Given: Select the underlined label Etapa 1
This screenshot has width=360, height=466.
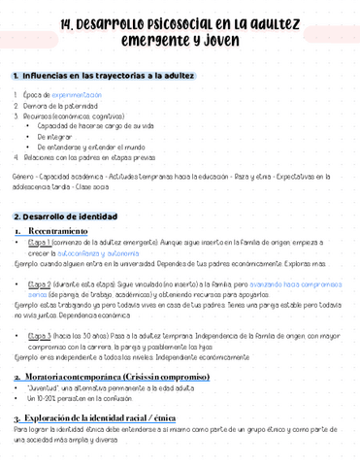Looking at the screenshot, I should point(44,243).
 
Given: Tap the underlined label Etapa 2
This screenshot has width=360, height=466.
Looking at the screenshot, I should point(44,283).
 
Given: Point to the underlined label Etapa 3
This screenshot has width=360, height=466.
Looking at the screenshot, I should point(44,335).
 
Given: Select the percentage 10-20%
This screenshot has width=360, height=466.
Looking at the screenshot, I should point(40,398).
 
